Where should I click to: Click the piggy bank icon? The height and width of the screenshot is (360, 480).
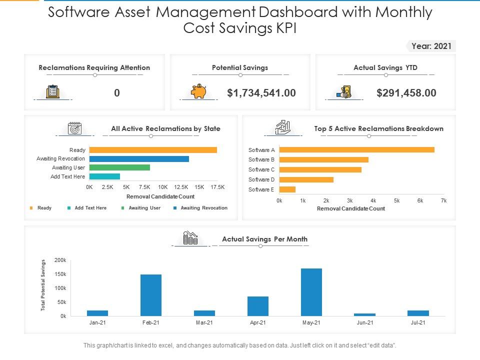[198, 91]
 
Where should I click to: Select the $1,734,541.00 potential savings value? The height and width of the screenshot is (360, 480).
[261, 93]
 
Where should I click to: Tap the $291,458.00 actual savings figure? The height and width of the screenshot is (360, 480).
[406, 93]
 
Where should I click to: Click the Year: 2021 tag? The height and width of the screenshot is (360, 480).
[431, 46]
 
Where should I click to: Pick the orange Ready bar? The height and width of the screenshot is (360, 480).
[153, 150]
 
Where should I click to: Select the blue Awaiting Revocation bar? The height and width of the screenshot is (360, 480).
[139, 159]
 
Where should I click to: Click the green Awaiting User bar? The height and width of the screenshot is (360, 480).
[119, 167]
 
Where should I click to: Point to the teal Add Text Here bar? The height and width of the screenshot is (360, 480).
[104, 176]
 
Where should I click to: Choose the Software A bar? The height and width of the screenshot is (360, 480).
[357, 149]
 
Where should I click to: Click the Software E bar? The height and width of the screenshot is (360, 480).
[287, 189]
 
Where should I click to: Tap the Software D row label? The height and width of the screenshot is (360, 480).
[261, 179]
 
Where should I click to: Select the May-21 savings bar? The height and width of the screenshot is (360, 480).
[311, 292]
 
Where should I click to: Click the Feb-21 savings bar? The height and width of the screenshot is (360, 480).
[151, 295]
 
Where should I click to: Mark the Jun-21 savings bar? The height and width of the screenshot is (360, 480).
[364, 314]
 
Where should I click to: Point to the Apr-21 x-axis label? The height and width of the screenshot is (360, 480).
[258, 322]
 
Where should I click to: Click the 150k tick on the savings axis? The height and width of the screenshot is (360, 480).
[60, 274]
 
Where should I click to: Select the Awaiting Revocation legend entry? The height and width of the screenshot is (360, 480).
[200, 208]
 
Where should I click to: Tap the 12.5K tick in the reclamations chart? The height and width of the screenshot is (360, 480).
[181, 187]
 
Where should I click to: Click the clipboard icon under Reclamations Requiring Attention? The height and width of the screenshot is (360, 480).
[52, 91]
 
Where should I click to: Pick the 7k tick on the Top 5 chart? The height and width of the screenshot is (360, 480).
[443, 201]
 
